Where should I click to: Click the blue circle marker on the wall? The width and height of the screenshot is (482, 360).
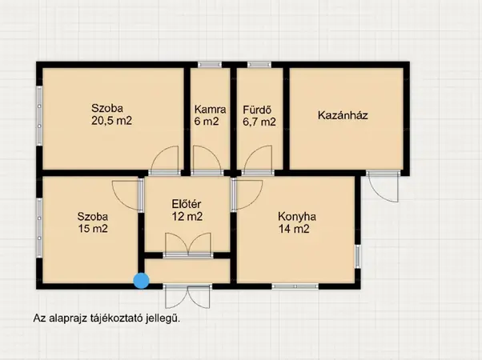click(142, 281)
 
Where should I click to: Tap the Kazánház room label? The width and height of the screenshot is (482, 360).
click(343, 115)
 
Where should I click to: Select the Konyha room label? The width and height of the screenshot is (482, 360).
click(297, 217)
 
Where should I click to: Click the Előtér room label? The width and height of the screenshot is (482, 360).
click(187, 204)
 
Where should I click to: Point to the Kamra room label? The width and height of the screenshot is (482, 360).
click(211, 110)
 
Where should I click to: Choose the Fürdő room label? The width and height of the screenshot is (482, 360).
click(257, 110)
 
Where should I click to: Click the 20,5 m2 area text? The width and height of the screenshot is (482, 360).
click(111, 121)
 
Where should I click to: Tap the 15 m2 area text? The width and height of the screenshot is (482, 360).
click(93, 229)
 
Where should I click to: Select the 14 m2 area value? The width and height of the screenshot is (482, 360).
click(294, 229)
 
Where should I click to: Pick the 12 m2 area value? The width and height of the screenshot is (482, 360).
click(187, 217)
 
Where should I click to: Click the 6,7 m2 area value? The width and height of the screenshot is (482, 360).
click(259, 122)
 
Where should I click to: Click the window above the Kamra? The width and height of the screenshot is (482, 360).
click(210, 65)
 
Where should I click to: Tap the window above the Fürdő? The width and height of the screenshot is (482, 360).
click(259, 65)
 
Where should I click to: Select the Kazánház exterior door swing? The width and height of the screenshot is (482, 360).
click(383, 186)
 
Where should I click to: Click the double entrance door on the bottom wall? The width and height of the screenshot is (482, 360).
click(187, 297)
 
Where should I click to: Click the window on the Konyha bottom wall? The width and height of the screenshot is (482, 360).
click(295, 286)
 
